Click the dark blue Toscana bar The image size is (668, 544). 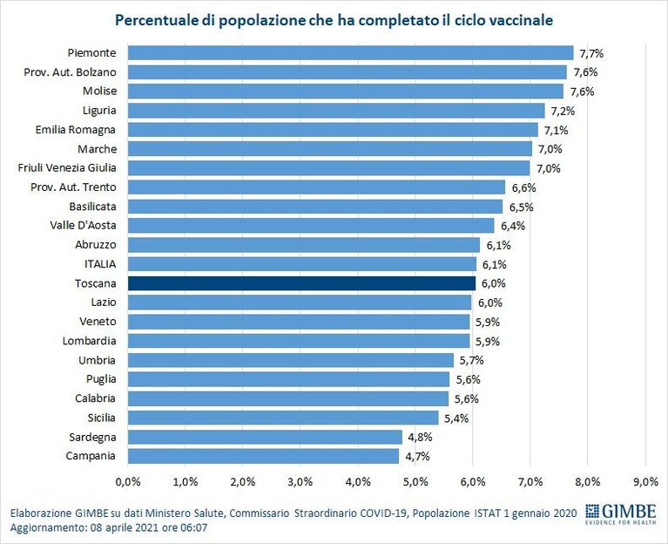tap(301, 283)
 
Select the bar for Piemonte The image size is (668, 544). tap(351, 53)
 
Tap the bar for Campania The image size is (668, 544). tap(263, 456)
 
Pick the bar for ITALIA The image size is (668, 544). tap(302, 264)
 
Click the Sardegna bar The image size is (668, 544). tap(265, 437)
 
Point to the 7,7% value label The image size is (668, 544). tap(591, 53)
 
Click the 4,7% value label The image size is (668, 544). tap(417, 457)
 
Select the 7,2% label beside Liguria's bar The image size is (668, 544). tap(563, 111)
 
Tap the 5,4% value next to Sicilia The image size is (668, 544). tap(456, 418)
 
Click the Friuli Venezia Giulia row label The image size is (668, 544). tap(67, 168)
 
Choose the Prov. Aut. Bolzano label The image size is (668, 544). tap(70, 72)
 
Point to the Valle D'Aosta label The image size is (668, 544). tap(83, 225)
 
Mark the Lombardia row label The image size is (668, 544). tap(89, 341)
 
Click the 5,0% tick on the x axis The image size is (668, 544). tap(415, 482)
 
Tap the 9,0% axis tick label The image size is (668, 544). tap(646, 482)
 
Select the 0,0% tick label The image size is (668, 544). tap(128, 482)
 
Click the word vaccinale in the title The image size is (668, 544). tap(521, 20)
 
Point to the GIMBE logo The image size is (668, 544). tap(620, 513)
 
